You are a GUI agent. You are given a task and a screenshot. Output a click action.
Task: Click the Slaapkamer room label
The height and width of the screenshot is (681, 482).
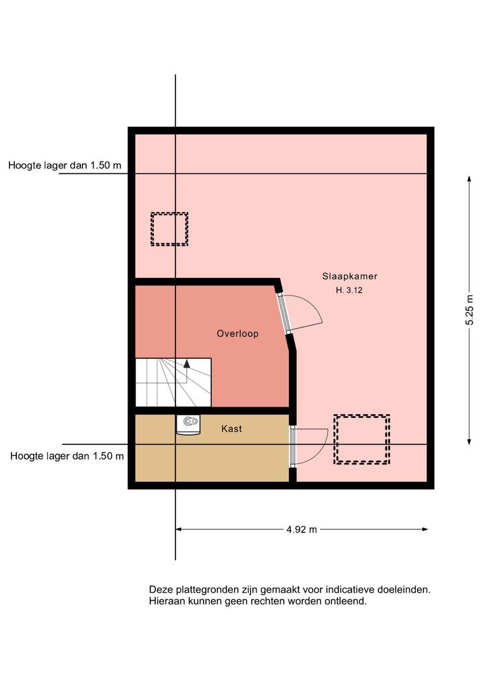pyautogui.click(x=350, y=276)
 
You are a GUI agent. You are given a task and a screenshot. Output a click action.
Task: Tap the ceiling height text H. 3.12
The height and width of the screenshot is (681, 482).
pyautogui.click(x=349, y=290)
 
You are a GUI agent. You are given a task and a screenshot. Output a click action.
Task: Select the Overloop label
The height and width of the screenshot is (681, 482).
pyautogui.click(x=238, y=334)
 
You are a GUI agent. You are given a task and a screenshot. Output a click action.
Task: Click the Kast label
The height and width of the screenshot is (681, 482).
pyautogui.click(x=231, y=429)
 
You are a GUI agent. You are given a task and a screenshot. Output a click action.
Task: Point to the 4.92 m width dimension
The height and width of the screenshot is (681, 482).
pyautogui.click(x=302, y=530)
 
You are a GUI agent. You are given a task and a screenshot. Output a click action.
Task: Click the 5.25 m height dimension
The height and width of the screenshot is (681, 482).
pyautogui.click(x=469, y=310)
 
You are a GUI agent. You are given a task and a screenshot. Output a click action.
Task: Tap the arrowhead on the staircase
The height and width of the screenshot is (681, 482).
pyautogui.click(x=187, y=364)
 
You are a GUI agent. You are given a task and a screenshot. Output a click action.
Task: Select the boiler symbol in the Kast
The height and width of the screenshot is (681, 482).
pyautogui.click(x=188, y=424)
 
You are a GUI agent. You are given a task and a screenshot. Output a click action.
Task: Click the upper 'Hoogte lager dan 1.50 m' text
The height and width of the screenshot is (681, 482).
pyautogui.click(x=65, y=165)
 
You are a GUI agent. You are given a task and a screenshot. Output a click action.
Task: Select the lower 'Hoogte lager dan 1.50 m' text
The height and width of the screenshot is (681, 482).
pyautogui.click(x=67, y=456)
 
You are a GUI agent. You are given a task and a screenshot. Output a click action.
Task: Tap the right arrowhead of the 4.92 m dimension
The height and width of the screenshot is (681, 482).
pyautogui.click(x=425, y=530)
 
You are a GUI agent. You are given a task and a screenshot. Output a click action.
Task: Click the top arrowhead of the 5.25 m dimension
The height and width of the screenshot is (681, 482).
pyautogui.click(x=469, y=179)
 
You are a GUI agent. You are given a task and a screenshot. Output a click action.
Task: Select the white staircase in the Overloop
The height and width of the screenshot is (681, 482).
pyautogui.click(x=173, y=383)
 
